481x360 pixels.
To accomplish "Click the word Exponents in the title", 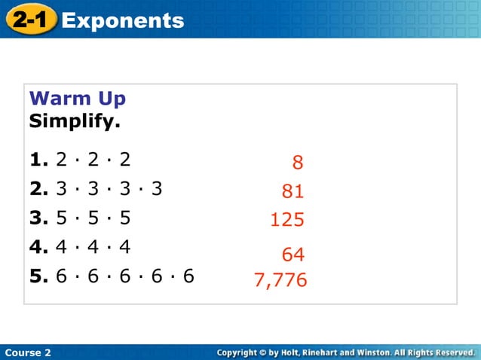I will point(123,20).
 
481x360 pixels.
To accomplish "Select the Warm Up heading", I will point(78,99).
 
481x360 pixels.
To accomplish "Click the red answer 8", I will point(298,163).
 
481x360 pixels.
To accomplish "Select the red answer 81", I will point(293,191).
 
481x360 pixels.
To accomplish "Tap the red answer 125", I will point(287,220).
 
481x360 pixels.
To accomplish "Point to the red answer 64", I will point(293,255).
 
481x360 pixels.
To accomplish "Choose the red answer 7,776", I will point(280,281).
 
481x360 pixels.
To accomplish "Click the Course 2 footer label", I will point(28,352).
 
